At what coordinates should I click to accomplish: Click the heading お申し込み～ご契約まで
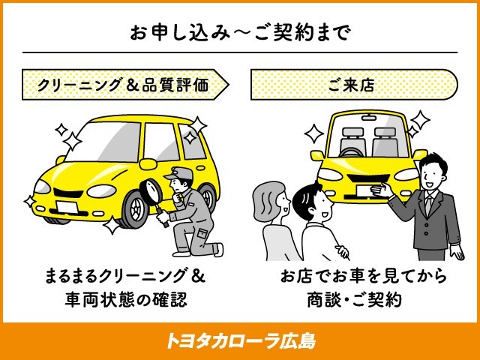[x=241, y=32]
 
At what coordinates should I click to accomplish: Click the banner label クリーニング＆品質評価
[x=124, y=85]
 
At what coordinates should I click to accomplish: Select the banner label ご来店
[x=352, y=85]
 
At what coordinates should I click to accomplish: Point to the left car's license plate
[x=67, y=208]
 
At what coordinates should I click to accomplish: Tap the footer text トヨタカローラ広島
[x=240, y=341]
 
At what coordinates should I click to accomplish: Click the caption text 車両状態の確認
[x=125, y=300]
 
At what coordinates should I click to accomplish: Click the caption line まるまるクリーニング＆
[x=125, y=277]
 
